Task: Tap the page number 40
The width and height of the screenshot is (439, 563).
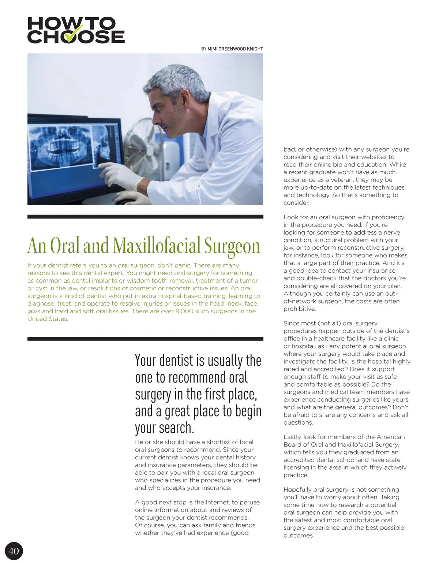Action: (x=14, y=551)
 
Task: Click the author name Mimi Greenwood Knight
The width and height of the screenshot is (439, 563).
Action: (x=235, y=49)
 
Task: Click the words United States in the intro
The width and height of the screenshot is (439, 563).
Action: (x=48, y=319)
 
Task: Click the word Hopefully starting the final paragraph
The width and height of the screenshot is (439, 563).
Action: (x=301, y=489)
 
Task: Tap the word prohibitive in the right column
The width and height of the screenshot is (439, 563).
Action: (x=299, y=309)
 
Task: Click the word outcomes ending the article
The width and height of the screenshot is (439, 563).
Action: (x=298, y=535)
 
